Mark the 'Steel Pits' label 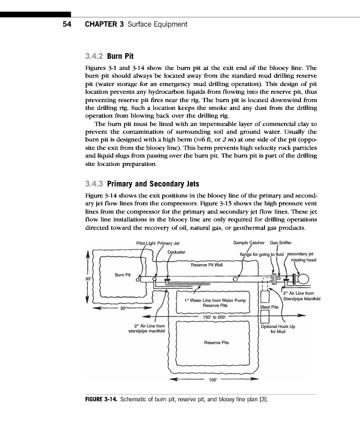tap(269, 306)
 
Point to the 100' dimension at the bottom tap(212, 381)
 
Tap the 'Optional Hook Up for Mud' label tap(278, 329)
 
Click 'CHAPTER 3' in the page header tap(104, 24)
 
